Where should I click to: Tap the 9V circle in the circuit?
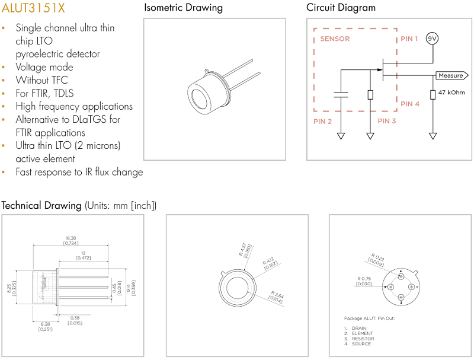tap(433, 39)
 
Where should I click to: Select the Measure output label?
tap(451, 75)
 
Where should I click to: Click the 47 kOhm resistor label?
tap(451, 93)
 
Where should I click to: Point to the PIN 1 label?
tap(409, 39)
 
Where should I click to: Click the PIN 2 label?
tap(322, 121)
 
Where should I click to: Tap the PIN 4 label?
tap(410, 104)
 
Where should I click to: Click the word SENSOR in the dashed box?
tap(335, 39)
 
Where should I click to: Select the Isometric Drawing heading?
tap(184, 8)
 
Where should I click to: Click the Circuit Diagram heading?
tap(341, 8)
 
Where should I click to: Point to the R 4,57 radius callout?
tap(244, 249)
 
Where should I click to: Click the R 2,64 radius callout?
tap(277, 297)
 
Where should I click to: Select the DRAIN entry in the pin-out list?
tap(359, 328)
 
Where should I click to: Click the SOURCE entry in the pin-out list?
tap(361, 344)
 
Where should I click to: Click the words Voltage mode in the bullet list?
tap(44, 67)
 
